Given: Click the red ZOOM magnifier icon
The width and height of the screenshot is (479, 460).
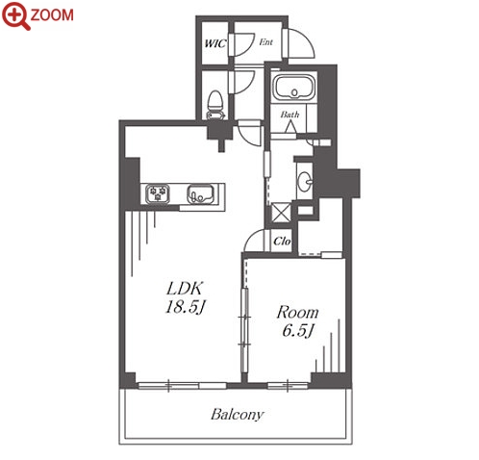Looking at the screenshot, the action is coord(15,16).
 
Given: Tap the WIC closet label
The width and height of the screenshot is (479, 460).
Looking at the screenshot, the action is coord(215,43).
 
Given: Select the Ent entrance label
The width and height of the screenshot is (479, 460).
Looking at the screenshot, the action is coord(265,42).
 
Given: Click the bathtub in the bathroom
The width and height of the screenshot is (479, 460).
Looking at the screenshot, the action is coord(294,87).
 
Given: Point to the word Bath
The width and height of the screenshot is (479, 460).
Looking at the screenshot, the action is coord(290,115).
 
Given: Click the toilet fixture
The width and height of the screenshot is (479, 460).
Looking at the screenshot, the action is coord(215,105).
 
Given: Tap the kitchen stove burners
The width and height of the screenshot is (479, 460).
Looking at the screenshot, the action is coord(158,193).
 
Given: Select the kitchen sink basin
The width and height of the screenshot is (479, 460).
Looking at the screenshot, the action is coord(200,194).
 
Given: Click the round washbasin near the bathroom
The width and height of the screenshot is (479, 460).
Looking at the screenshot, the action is coord(305,182).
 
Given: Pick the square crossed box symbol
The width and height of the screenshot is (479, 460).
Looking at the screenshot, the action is coord(281,213).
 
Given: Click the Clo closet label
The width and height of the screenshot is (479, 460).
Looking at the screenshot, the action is coord(282,241).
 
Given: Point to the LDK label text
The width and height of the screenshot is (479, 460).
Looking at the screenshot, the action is coord(185,289).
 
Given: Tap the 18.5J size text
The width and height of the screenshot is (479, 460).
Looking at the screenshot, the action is coord(185,307).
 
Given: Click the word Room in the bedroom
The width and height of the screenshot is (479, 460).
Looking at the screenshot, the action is coord(297,312).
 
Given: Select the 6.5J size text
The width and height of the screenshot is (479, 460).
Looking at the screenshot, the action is coord(298,330).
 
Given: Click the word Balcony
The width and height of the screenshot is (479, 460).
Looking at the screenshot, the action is coord(238,414).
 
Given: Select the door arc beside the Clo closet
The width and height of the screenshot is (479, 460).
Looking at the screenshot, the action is coord(251,238).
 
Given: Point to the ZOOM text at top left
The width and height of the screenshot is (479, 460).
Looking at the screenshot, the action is coord(52,15).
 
